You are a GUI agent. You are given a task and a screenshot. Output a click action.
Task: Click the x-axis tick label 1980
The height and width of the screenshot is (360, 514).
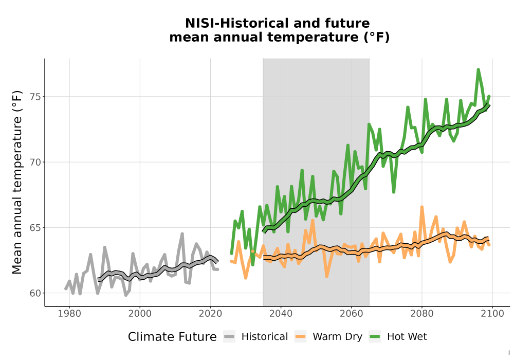click(69, 314)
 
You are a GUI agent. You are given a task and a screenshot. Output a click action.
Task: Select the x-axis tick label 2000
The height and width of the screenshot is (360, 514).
click(140, 314)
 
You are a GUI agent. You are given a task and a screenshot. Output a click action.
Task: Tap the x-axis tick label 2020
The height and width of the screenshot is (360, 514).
click(210, 314)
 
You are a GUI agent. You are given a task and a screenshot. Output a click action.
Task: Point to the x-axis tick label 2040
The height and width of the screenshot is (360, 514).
click(281, 314)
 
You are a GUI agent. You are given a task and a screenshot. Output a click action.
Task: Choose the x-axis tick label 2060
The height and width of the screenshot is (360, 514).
click(352, 314)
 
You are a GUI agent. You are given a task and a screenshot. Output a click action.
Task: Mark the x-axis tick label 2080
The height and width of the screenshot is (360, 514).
click(422, 314)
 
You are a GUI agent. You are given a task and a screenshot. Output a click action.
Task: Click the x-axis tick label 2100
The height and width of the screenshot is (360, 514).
click(492, 314)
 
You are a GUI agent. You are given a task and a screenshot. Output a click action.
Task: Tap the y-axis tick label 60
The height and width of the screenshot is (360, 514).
click(36, 293)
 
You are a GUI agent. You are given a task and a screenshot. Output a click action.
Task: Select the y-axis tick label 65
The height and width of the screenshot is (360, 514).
click(36, 227)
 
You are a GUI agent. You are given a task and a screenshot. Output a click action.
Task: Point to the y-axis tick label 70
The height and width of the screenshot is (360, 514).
click(36, 163)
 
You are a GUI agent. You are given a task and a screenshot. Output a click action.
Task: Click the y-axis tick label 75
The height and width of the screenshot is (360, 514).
click(36, 97)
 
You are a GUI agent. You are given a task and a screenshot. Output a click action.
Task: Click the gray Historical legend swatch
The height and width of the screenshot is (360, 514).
click(229, 337)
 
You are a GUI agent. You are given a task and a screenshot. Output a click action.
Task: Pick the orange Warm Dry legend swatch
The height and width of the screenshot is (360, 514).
click(300, 337)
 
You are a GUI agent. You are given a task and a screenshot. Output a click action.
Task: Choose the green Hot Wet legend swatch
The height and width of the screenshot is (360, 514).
click(375, 337)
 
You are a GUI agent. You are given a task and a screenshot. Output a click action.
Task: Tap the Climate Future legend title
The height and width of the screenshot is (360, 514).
click(172, 337)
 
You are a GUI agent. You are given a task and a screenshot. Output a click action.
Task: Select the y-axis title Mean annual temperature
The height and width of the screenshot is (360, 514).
click(17, 182)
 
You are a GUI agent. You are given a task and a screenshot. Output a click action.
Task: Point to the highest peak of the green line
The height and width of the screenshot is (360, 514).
click(478, 69)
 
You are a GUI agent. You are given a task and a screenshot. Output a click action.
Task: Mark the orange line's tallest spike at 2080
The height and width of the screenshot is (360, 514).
click(422, 207)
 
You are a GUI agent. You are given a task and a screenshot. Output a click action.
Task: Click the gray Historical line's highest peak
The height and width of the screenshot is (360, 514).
click(182, 234)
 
